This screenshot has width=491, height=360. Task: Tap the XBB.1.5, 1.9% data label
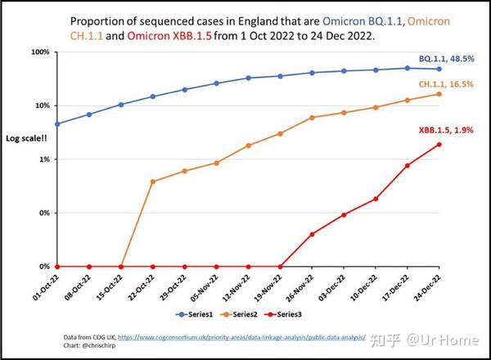[x=445, y=130]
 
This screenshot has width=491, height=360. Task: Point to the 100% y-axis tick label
[x=38, y=52]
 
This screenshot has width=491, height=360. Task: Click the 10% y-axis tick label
[x=41, y=106]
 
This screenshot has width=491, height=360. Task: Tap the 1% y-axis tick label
[x=43, y=160]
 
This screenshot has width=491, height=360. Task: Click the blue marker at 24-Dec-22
[x=439, y=69]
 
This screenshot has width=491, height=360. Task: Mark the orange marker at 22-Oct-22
[x=153, y=181]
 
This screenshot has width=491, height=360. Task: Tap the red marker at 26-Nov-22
[x=312, y=234]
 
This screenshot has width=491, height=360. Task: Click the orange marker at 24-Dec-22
[x=439, y=94]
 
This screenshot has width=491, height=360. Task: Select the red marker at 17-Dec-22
[x=408, y=165]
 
